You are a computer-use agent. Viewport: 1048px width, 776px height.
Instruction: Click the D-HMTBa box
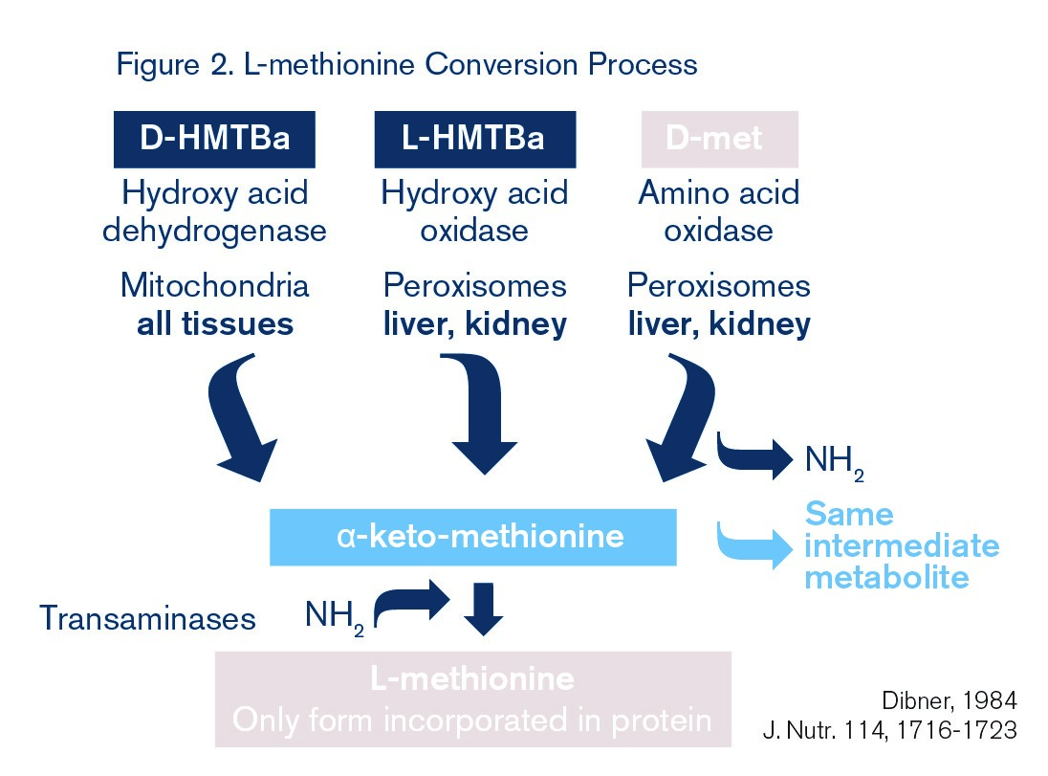[x=214, y=139]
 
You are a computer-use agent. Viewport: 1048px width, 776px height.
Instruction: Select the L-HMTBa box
[x=474, y=139]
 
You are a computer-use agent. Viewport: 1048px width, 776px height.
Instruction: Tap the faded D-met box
[x=718, y=139]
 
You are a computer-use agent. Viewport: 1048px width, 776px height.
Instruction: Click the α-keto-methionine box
[x=473, y=536]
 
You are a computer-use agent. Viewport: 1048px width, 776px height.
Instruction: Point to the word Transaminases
[x=147, y=618]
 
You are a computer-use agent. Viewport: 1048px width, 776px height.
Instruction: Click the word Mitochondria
[x=214, y=286]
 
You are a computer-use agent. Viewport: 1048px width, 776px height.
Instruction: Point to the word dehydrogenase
[x=214, y=231]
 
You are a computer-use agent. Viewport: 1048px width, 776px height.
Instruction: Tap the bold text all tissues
[x=214, y=323]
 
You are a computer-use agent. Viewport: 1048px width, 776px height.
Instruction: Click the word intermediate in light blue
[x=902, y=546]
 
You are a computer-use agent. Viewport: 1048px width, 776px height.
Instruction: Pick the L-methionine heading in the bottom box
[x=472, y=678]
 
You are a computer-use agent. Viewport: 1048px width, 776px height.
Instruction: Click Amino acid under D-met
[x=718, y=193]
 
